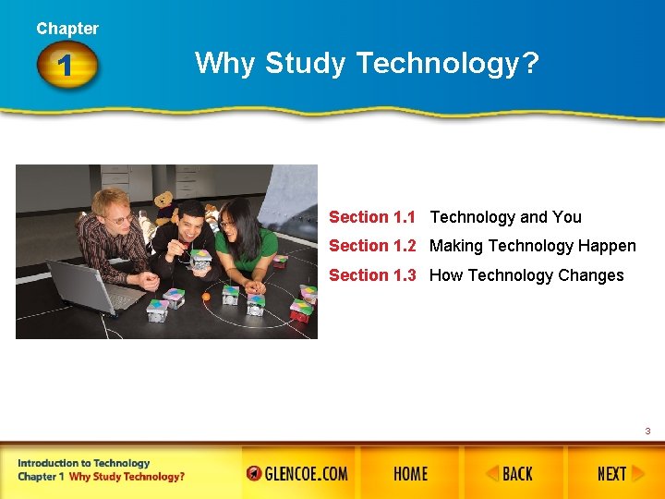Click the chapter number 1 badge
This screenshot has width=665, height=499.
tap(66, 67)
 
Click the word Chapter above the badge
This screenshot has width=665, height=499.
tap(67, 29)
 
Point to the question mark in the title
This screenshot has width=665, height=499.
tap(531, 63)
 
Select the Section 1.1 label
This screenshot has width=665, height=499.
tap(372, 217)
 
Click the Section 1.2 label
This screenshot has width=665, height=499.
tap(372, 246)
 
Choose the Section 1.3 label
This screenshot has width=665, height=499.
tap(372, 275)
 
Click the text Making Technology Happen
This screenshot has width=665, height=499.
tap(532, 246)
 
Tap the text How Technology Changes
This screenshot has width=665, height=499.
tap(526, 275)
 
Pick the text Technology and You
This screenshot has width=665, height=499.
tap(505, 217)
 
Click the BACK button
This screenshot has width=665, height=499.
tap(510, 474)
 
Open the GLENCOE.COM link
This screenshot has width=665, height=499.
tap(297, 474)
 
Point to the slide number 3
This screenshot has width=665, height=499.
tap(647, 432)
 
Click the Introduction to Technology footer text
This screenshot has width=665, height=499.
tap(83, 463)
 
